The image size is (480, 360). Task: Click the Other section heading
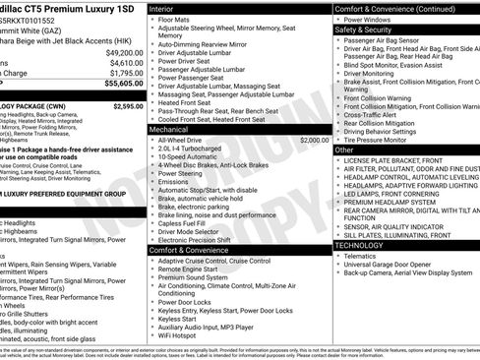(x=344, y=150)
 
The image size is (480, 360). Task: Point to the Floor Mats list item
(x=177, y=19)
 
